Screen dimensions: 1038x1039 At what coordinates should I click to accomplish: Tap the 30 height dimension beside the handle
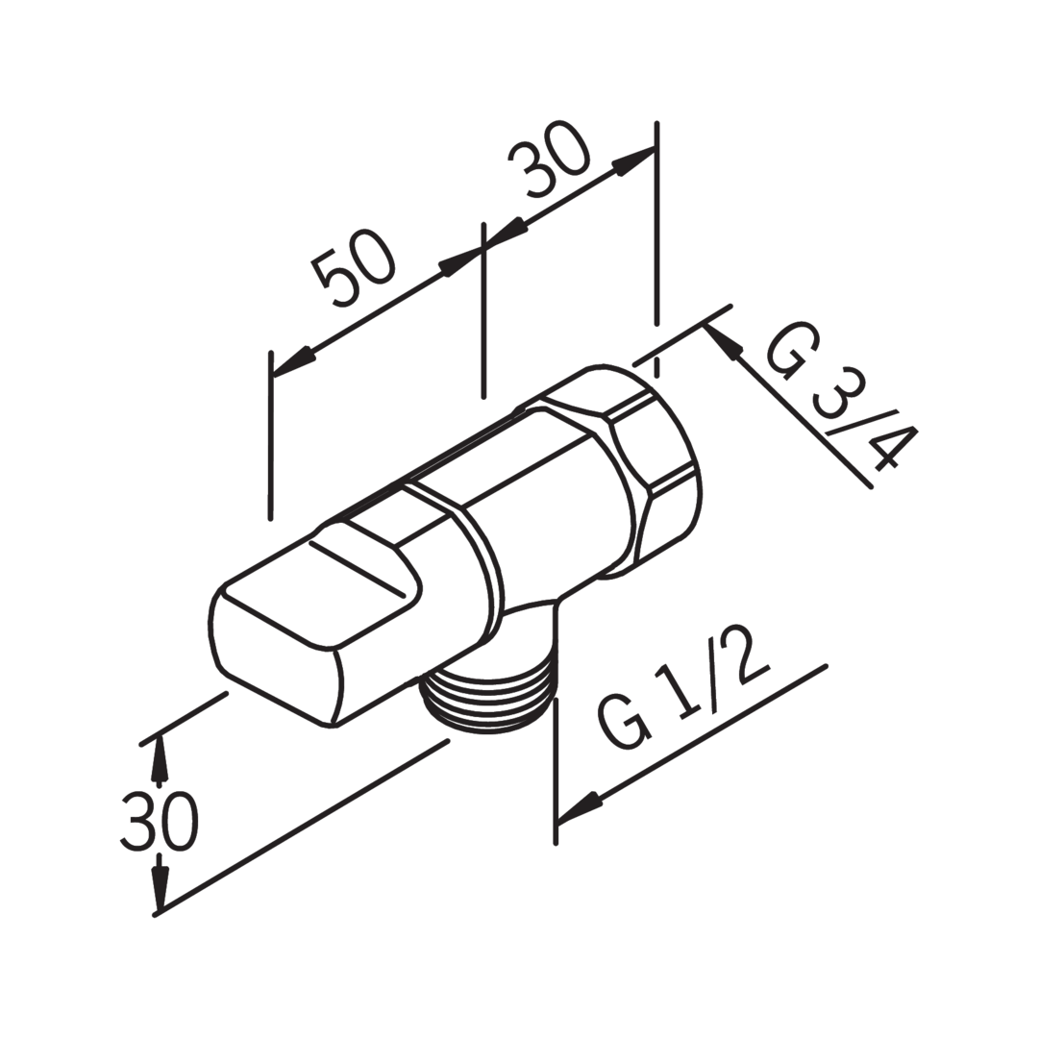(x=160, y=822)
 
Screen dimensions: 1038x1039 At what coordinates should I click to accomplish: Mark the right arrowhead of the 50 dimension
(x=458, y=261)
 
